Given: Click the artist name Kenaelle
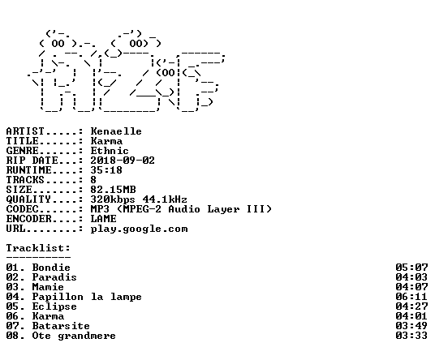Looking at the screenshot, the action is (116, 131).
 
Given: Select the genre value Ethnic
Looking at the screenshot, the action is (110, 151).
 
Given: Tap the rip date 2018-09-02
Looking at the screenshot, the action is (123, 161).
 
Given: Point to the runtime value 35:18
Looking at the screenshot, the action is (106, 170).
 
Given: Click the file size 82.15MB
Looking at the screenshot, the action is (113, 190).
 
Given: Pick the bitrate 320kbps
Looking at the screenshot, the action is (113, 199).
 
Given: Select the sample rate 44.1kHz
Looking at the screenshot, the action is (165, 199).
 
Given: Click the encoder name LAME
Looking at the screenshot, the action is (104, 219).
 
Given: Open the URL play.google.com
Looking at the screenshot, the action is (140, 229).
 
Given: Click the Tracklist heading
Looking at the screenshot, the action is (38, 248).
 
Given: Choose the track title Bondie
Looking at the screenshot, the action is (51, 268).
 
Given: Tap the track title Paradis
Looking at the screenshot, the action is (54, 277).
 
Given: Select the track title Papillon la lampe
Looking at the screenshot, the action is (87, 297).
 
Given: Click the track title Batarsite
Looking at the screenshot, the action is (61, 326).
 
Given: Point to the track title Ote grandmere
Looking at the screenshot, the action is (74, 336).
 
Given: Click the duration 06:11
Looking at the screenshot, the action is (411, 297).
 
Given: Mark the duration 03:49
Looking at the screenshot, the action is (411, 326).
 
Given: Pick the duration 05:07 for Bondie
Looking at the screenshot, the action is (411, 268).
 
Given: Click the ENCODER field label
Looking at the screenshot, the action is (29, 219).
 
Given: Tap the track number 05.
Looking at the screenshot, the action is (13, 306).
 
